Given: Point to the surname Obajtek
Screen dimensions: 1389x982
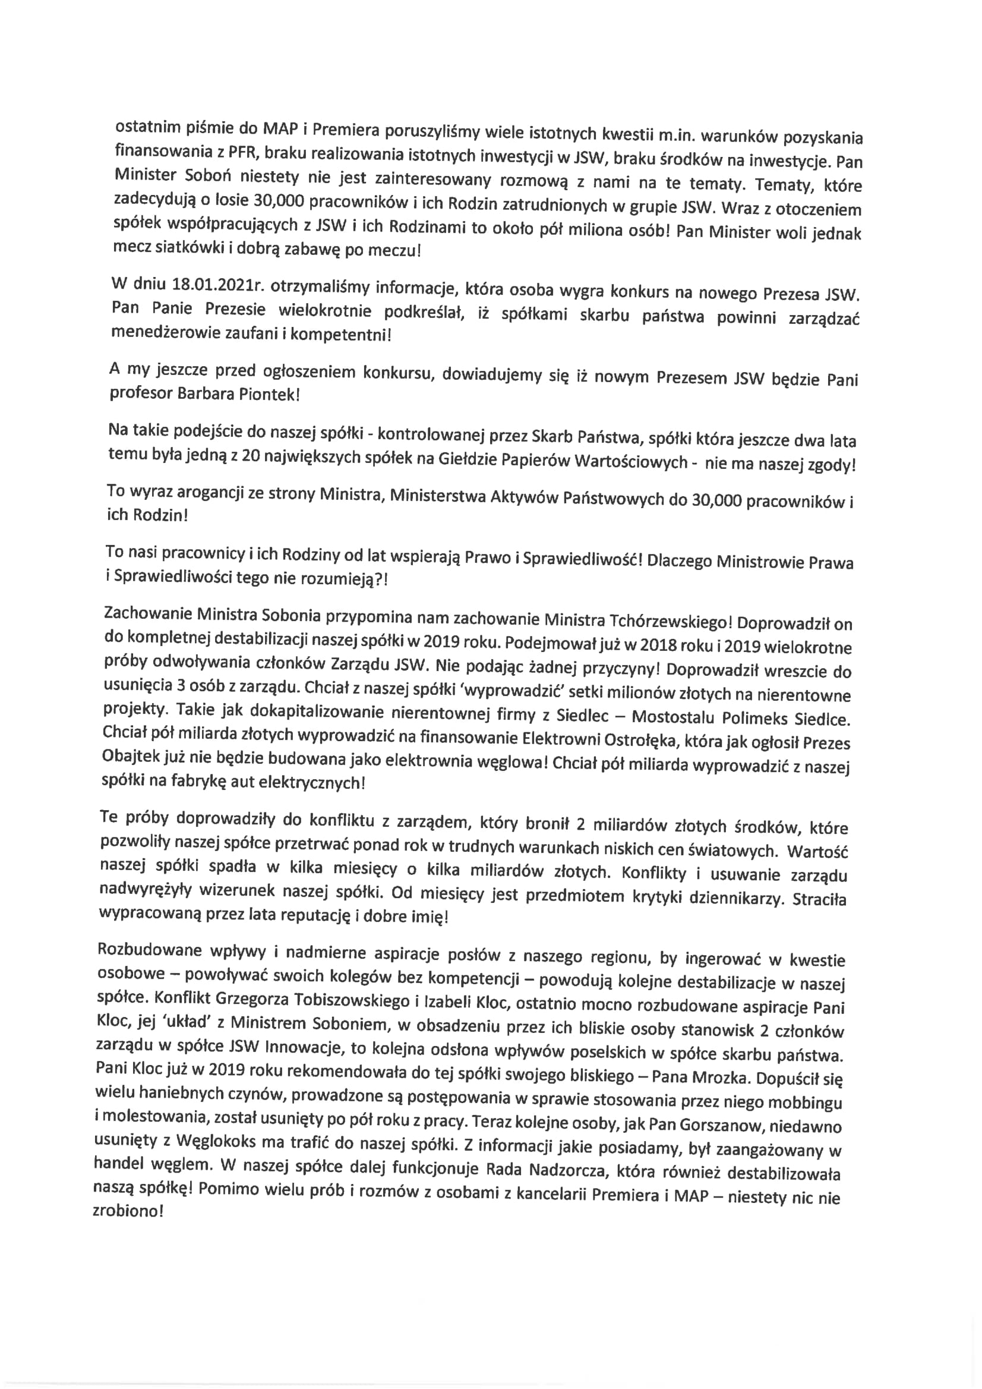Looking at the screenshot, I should pos(131,757).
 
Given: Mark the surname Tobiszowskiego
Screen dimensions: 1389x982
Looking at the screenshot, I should pos(351,1000).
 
